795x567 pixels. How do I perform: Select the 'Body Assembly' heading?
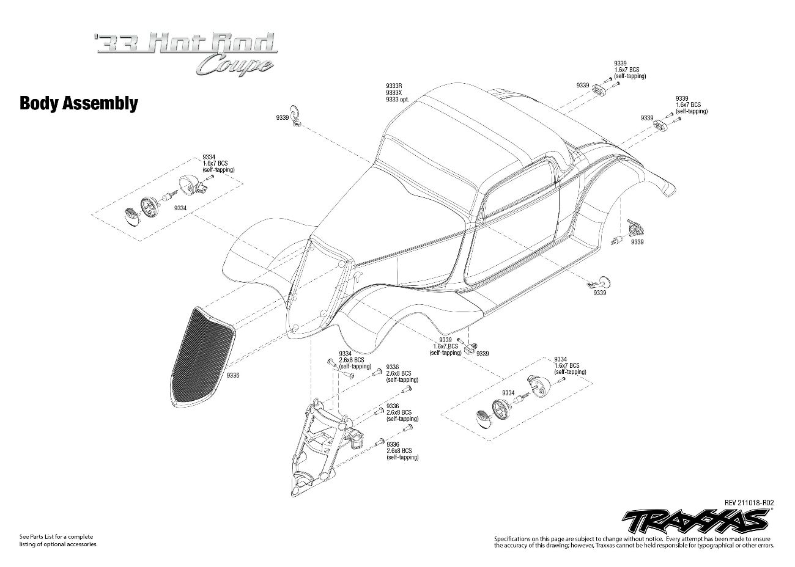[79, 103]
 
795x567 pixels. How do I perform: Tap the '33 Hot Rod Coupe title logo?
[186, 53]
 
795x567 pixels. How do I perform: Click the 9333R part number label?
[394, 86]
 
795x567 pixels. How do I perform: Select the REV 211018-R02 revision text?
[749, 502]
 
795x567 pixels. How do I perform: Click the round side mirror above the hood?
[297, 112]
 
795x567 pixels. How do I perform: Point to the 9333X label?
[394, 93]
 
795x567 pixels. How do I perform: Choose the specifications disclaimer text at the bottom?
[634, 541]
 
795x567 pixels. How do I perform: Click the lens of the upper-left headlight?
[132, 216]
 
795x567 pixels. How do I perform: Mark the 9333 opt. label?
[397, 100]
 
